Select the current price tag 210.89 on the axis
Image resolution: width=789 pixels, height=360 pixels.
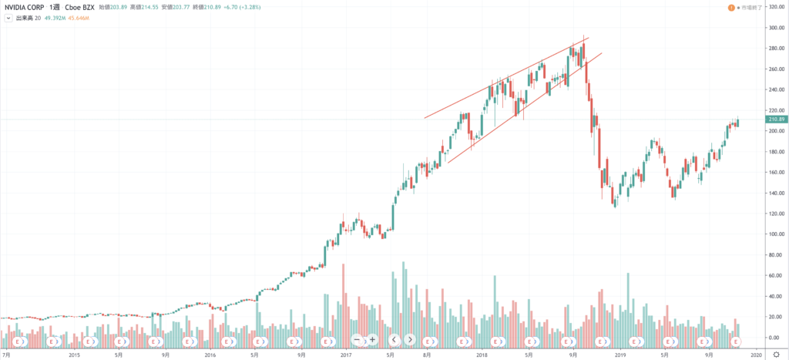pyautogui.click(x=776, y=119)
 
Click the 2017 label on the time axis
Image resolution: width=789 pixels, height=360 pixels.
pyautogui.click(x=345, y=355)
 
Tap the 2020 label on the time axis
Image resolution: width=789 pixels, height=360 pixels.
pyautogui.click(x=755, y=355)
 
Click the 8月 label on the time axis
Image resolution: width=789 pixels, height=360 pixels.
pyautogui.click(x=426, y=355)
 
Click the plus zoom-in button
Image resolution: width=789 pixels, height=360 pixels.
pyautogui.click(x=372, y=339)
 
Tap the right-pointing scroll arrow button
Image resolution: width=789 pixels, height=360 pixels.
pyautogui.click(x=410, y=339)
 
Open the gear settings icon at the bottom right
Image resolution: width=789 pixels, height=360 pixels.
pyautogui.click(x=776, y=355)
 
